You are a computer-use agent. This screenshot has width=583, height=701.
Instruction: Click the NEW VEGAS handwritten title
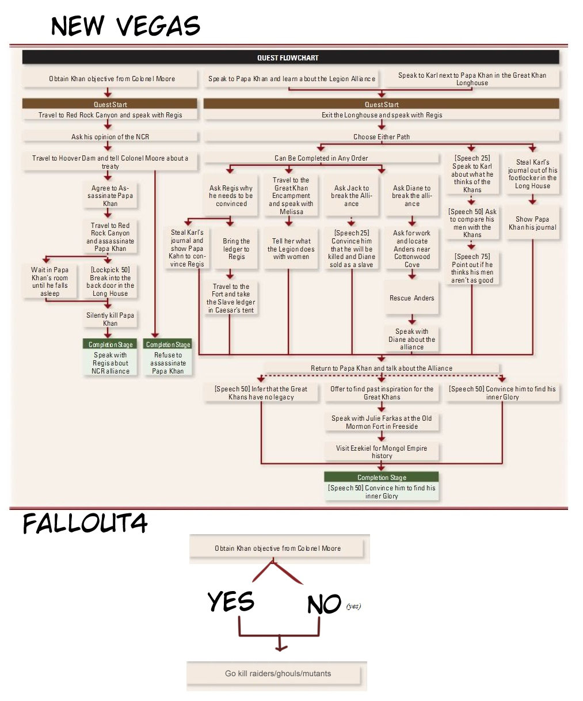point(125,25)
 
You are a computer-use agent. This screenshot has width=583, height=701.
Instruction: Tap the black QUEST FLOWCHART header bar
point(291,58)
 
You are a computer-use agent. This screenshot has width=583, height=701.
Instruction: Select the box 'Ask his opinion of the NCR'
point(110,136)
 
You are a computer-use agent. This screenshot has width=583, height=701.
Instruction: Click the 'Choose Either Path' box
point(382,136)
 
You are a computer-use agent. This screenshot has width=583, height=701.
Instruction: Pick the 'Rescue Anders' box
point(411,298)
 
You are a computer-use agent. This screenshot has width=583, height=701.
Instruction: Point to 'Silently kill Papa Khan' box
point(110,319)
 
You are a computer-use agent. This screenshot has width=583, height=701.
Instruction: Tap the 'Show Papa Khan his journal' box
point(532,223)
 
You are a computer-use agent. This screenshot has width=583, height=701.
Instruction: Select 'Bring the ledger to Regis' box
point(236,249)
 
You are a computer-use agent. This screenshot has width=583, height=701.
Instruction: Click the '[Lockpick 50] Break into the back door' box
point(110,281)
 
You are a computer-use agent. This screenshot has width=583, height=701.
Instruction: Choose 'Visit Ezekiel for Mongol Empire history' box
point(382,452)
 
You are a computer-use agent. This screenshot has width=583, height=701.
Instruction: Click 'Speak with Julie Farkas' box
point(382,422)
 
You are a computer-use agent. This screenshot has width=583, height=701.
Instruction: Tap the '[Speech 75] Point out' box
point(472,268)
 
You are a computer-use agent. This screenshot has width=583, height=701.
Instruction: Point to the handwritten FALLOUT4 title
point(85,523)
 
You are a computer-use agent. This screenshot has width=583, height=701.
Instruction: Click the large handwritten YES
point(231,601)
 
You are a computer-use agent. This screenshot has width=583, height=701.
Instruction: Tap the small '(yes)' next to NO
point(353,606)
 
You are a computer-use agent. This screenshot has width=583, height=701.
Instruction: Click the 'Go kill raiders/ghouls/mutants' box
point(277,673)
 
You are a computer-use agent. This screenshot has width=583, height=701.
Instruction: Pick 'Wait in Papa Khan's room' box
point(49,281)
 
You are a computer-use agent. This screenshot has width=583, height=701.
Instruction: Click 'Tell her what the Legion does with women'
point(291,249)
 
